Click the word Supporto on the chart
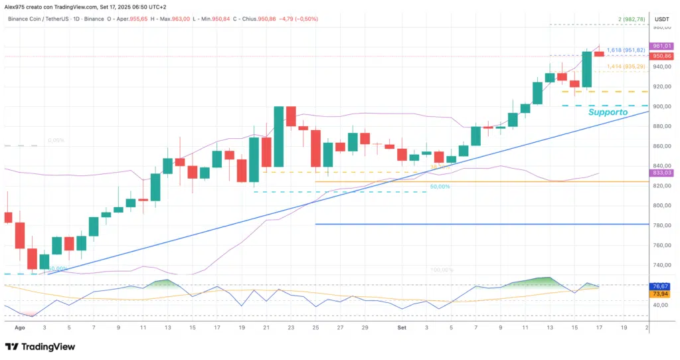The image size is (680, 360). pos(608,113)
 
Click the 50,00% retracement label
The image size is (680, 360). pos(440,187)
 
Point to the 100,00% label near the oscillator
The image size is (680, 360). pos(442,270)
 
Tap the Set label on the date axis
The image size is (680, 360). pos(402,327)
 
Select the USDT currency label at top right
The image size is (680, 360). pos(662,19)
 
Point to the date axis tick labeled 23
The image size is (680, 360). pos(290,327)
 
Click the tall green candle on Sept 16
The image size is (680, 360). pos(587,69)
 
